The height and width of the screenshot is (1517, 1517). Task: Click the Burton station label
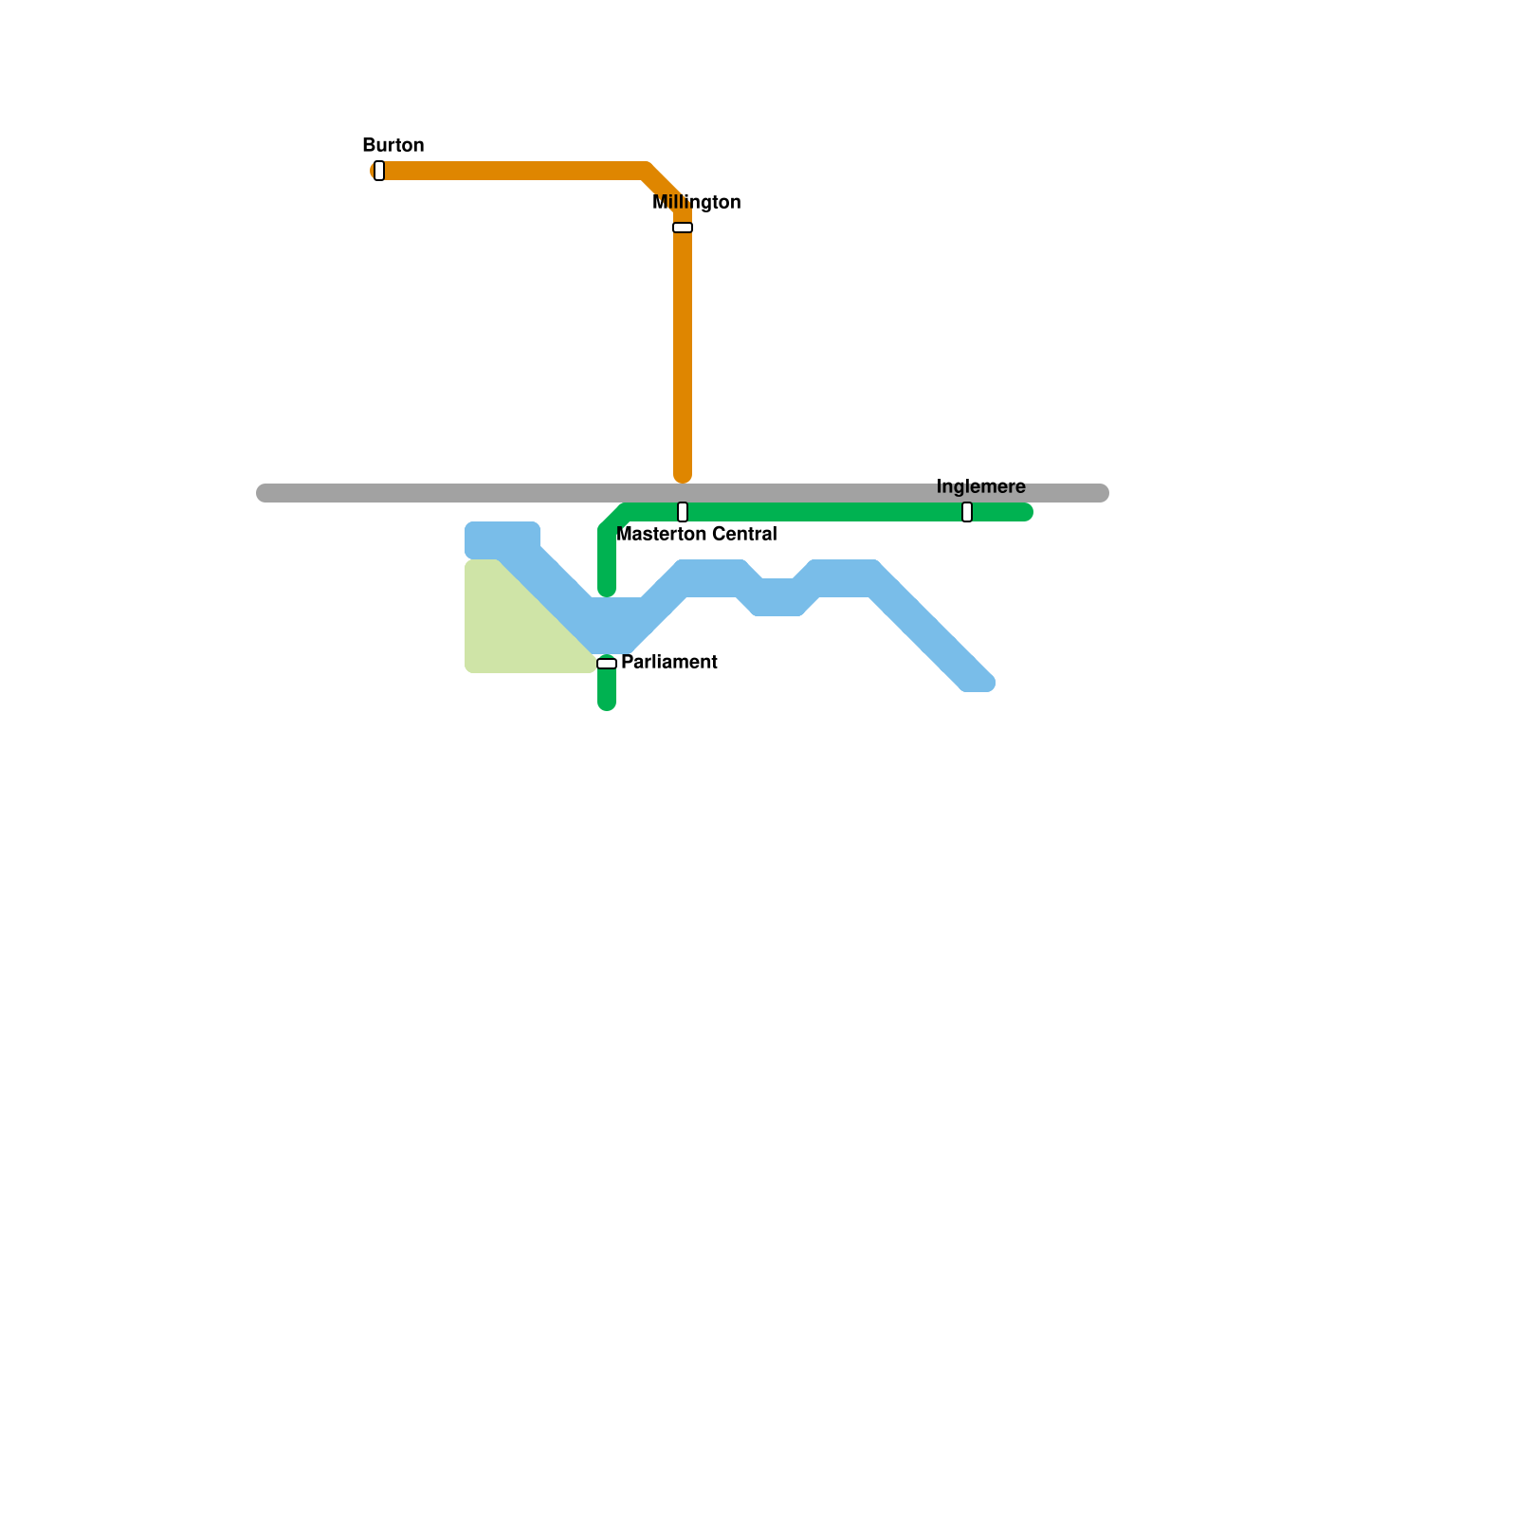click(x=393, y=145)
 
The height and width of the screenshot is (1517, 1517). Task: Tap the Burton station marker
click(x=379, y=171)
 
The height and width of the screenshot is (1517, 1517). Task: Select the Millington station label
click(x=696, y=202)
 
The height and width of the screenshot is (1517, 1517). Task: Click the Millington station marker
click(x=683, y=228)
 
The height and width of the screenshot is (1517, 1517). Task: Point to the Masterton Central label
click(x=696, y=534)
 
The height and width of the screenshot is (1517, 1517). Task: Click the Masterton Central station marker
click(x=683, y=512)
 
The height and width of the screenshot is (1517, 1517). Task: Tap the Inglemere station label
click(x=980, y=486)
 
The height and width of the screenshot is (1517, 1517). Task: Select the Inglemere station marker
click(x=967, y=512)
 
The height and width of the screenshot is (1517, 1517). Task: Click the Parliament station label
click(x=668, y=662)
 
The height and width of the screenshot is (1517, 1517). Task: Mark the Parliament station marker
click(x=607, y=664)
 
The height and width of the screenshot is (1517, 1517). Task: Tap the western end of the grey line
click(x=264, y=493)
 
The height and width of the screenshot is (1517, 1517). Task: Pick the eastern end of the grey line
click(x=1102, y=493)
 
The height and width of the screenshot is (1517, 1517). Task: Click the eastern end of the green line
click(x=1026, y=512)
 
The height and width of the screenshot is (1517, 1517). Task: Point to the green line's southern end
click(x=607, y=704)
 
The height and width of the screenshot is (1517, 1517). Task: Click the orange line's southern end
click(x=683, y=476)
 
